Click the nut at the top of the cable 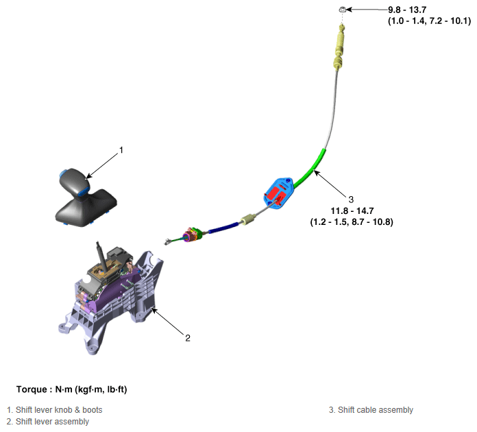coord(342,10)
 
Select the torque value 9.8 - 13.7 coord(407,10)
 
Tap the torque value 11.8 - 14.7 coord(352,211)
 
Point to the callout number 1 coord(121,150)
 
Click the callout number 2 coord(188,338)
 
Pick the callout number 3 coord(351,200)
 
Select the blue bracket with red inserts coord(278,193)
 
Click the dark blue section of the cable coord(223,228)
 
